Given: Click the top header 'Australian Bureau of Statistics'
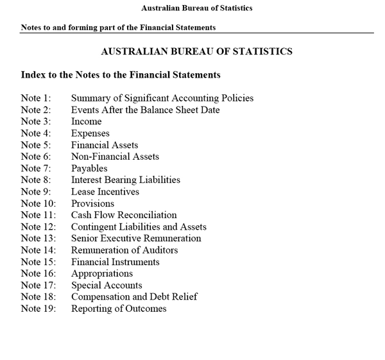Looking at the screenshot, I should click(x=196, y=8).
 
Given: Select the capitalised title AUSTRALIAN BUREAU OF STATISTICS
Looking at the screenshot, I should click(x=196, y=51).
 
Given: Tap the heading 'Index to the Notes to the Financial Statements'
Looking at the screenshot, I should click(x=121, y=75).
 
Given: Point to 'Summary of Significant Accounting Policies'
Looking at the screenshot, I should click(x=162, y=98).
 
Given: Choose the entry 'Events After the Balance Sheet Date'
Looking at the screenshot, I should click(x=145, y=110).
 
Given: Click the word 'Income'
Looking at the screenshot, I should click(x=86, y=121).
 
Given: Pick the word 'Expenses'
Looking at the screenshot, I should click(x=90, y=133).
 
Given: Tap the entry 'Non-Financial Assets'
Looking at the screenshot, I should click(x=115, y=157).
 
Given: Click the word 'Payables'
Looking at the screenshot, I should click(x=89, y=168).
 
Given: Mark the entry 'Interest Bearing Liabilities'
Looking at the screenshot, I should click(x=125, y=180).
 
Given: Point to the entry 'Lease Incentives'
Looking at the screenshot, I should click(x=105, y=191).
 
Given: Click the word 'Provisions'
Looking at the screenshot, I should click(x=92, y=203).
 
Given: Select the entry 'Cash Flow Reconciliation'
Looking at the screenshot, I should click(x=123, y=215).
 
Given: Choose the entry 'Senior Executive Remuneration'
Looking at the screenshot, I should click(x=135, y=238).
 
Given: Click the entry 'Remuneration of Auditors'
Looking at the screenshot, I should click(x=124, y=250).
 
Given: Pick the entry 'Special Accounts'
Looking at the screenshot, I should click(x=107, y=285).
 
